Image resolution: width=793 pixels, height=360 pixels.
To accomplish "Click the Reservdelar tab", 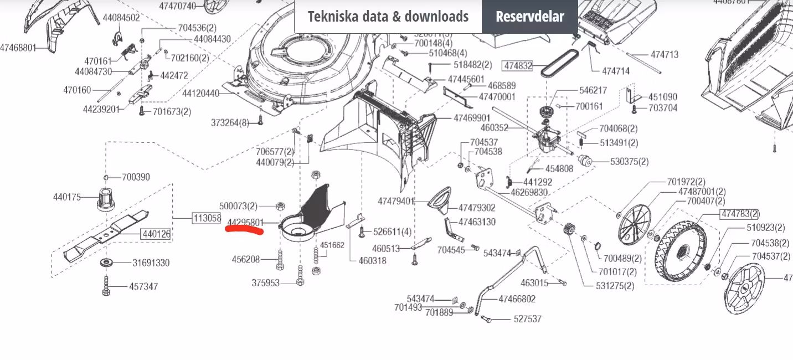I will tap(529, 17).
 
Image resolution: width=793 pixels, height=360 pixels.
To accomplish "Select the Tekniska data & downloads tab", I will tap(388, 17).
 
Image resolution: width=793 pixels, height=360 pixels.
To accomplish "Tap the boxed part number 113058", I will tap(207, 218).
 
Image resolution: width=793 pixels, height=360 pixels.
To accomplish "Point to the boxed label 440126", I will tap(156, 234).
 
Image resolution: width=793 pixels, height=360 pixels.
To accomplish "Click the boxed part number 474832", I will tap(517, 66).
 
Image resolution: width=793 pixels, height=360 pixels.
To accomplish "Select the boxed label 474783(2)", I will tap(739, 214).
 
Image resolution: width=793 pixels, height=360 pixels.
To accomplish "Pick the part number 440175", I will tap(67, 197).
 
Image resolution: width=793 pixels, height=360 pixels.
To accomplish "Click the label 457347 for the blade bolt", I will tap(143, 287).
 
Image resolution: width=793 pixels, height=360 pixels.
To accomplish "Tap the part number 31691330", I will tap(151, 263).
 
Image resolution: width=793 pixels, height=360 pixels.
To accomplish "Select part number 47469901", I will tap(472, 119).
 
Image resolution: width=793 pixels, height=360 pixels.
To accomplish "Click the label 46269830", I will tap(529, 193).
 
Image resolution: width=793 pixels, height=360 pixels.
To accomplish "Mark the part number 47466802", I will tap(517, 299).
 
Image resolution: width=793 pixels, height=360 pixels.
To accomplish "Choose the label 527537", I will tap(527, 319).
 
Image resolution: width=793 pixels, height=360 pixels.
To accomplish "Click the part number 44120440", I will tap(200, 94).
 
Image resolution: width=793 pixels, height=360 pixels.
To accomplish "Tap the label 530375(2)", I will tap(629, 162).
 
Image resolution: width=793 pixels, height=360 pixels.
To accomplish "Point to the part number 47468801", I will tap(18, 48).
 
